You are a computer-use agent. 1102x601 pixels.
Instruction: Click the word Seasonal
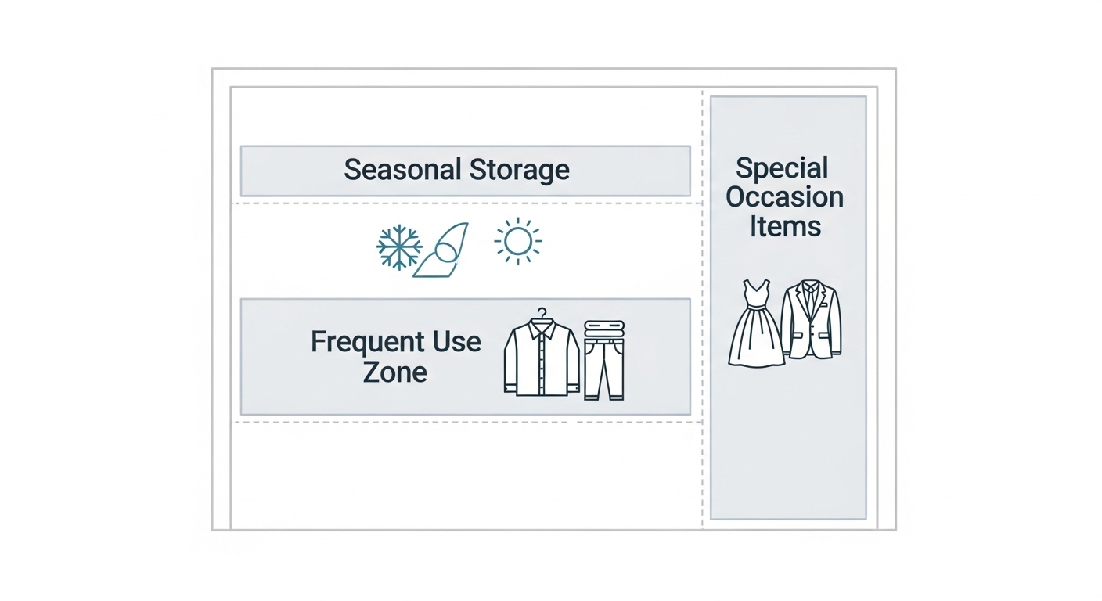click(403, 169)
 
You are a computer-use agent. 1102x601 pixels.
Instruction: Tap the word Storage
click(519, 171)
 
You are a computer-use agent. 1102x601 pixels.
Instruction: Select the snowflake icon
click(399, 247)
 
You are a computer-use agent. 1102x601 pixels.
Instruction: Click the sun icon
click(517, 241)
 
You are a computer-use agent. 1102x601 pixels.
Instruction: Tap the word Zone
click(394, 372)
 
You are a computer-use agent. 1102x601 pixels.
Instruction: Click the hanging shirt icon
click(542, 357)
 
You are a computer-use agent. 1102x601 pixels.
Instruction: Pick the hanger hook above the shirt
click(542, 313)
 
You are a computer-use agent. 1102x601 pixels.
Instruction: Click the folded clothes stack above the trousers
click(604, 330)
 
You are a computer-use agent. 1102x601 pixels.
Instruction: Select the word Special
click(782, 168)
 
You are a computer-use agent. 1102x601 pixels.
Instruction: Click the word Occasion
click(785, 196)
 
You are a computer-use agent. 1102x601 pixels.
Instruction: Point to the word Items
click(785, 226)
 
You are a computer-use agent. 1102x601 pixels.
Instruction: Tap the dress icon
click(755, 323)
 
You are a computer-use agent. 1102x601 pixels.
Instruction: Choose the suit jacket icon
click(811, 320)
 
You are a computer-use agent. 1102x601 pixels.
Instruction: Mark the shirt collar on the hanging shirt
click(542, 327)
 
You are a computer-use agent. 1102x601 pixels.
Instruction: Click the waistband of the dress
click(755, 307)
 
